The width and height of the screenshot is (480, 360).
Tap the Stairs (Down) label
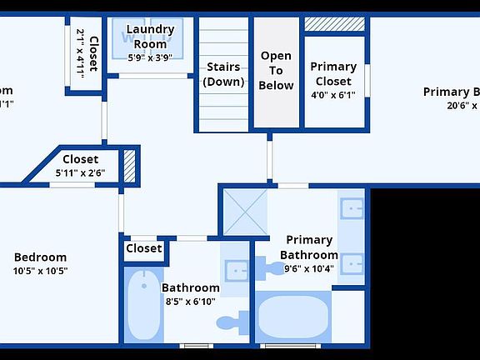(223, 74)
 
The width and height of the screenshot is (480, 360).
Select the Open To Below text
(277, 70)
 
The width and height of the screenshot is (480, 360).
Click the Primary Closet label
(333, 73)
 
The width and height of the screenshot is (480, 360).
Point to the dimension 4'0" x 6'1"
(333, 95)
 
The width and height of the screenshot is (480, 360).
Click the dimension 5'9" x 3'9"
(149, 57)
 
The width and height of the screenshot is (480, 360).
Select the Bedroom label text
(40, 257)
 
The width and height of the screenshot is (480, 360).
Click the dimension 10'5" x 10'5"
(40, 271)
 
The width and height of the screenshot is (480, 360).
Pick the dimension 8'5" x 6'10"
(191, 301)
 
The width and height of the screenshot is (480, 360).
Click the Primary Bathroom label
(308, 247)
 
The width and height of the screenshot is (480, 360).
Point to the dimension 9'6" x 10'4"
(308, 268)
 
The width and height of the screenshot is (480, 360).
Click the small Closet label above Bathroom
(144, 248)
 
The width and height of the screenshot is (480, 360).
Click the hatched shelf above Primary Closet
(335, 23)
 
